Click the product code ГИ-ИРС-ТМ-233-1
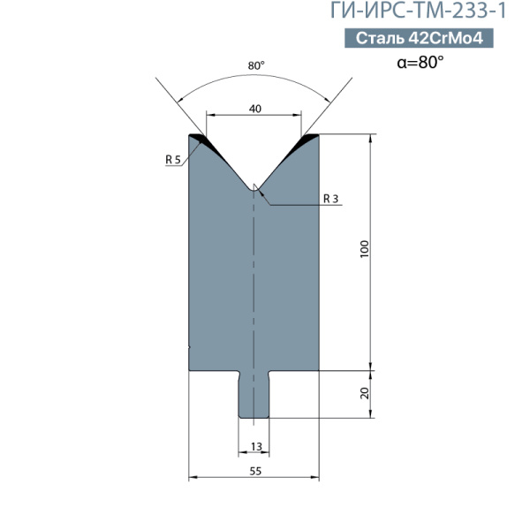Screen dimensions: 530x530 pos(418,11)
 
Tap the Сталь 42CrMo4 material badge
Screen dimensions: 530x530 pos(419,38)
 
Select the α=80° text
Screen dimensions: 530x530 pos(420,62)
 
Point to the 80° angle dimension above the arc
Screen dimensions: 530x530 pos(256,65)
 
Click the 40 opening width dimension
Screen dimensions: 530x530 pos(255,109)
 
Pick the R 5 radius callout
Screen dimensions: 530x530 pos(173,159)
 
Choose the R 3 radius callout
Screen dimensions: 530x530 pos(330,199)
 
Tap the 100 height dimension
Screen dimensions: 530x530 pos(364,249)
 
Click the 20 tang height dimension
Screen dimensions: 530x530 pos(365,393)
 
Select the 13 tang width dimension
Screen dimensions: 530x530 pos(256,446)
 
